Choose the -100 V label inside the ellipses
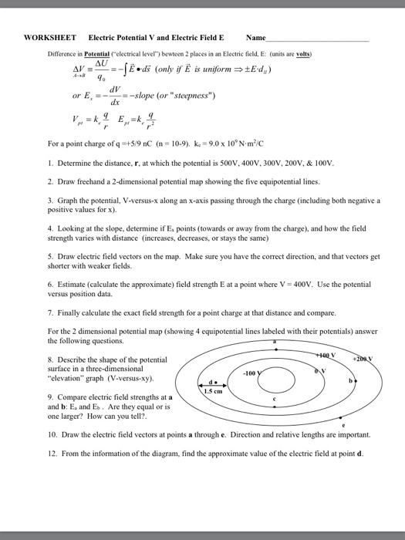pos(251,373)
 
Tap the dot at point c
pos(275,407)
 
